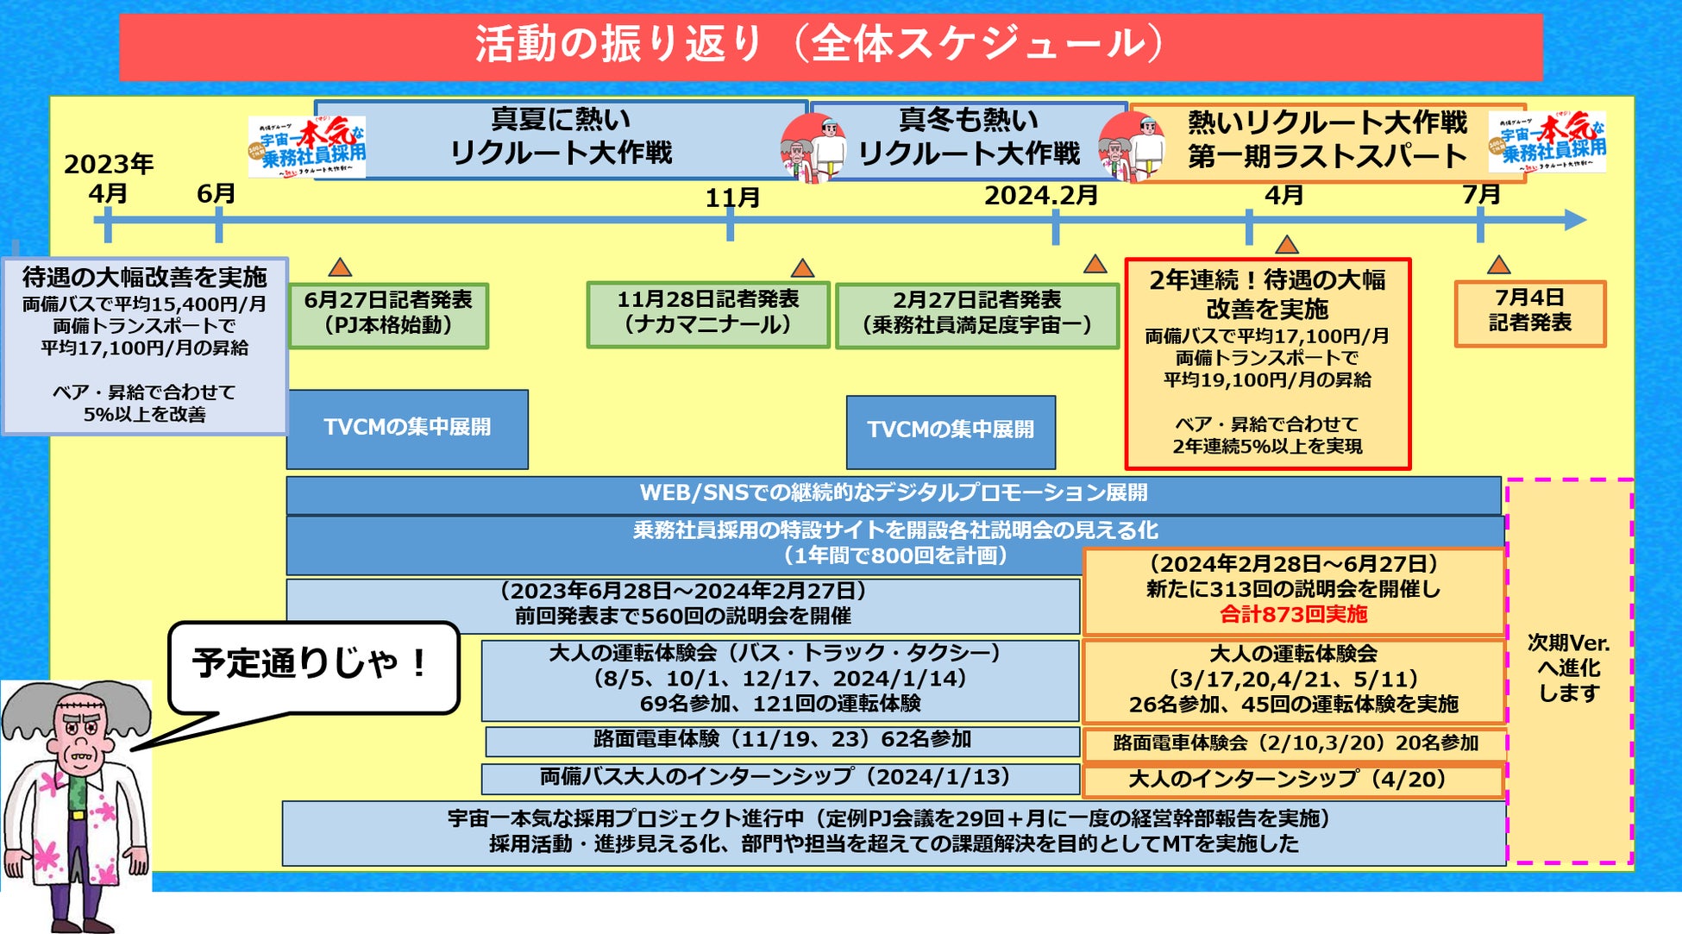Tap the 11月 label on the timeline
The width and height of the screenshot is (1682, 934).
pos(732,198)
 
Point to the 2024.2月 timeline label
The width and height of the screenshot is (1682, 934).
pos(1040,196)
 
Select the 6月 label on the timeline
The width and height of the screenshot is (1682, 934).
pos(216,194)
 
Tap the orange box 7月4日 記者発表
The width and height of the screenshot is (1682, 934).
pos(1529,312)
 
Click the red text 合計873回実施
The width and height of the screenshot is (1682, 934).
pos(1293,615)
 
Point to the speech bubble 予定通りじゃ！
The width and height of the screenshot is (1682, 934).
pos(311,666)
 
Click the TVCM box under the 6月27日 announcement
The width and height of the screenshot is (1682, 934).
pos(407,429)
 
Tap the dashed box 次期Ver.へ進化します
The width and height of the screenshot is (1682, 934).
pos(1569,669)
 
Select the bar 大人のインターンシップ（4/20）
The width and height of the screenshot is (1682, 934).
pos(1293,780)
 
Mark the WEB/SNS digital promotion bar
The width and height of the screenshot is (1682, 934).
pos(893,494)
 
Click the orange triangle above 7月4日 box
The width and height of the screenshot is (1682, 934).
pos(1498,265)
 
